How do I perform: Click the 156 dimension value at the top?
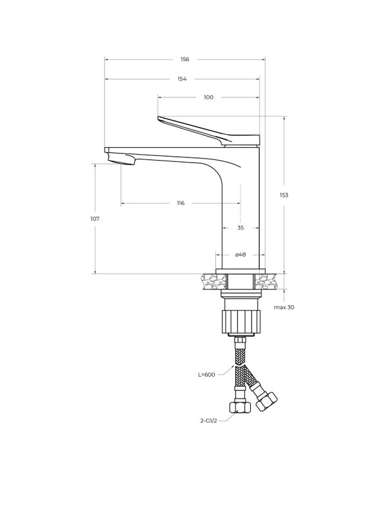[185, 59]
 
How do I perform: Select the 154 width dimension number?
[182, 79]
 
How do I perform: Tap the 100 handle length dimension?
[209, 97]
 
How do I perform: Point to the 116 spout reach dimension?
[181, 203]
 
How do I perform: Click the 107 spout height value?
[95, 219]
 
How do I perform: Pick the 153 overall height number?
[284, 195]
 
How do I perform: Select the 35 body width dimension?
[241, 228]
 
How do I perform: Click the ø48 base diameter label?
[241, 255]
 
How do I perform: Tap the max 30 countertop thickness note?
[284, 308]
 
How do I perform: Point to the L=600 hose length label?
[206, 375]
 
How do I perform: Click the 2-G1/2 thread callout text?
[209, 421]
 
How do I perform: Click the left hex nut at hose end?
[241, 407]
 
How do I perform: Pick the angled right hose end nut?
[267, 401]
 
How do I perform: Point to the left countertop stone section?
[214, 281]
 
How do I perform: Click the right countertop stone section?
[267, 281]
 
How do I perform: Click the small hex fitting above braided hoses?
[241, 341]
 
